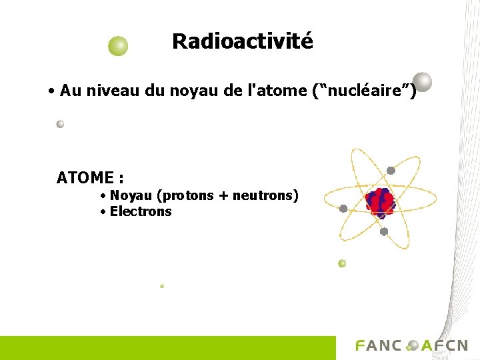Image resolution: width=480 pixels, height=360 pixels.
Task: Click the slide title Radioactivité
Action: [242, 41]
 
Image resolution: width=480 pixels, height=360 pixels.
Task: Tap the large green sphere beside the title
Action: [118, 46]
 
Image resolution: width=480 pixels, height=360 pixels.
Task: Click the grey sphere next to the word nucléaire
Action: [422, 82]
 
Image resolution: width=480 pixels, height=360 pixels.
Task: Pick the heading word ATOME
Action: [85, 178]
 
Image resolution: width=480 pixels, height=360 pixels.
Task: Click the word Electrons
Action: [141, 212]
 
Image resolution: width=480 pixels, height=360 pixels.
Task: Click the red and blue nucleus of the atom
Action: [380, 203]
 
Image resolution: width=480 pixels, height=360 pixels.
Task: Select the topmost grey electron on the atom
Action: [391, 171]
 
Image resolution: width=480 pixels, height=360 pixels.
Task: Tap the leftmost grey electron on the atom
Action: [343, 209]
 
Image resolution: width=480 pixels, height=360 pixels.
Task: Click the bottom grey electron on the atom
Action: [384, 232]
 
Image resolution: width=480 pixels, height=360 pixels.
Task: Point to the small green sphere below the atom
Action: [342, 263]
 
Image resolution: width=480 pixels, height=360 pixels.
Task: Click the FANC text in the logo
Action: [379, 346]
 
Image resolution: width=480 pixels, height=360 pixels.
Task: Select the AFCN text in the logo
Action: [445, 346]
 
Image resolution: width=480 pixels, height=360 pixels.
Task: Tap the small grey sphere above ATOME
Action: [60, 124]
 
